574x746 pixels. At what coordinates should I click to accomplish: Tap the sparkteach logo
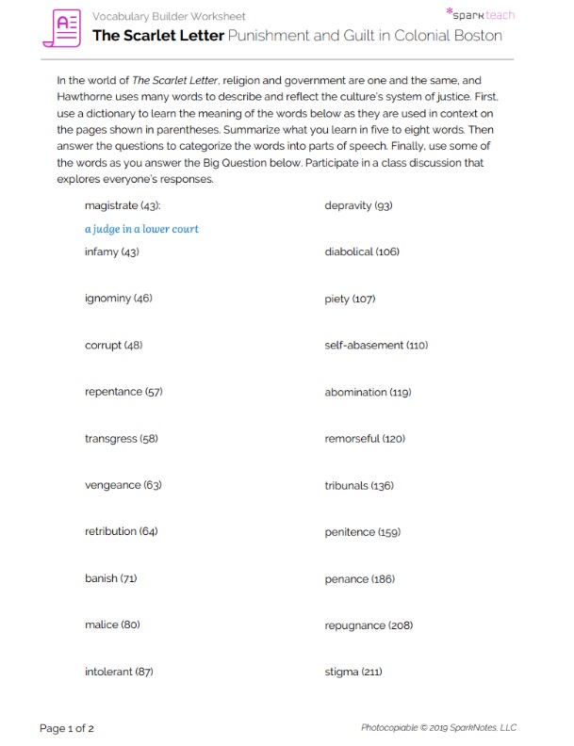coord(481,15)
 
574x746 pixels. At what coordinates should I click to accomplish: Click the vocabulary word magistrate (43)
coord(123,205)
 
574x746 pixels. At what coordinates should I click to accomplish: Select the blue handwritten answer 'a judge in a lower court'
coord(141,229)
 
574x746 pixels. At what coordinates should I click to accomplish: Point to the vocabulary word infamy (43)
coord(111,252)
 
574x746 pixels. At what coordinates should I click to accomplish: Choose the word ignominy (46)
coord(118,299)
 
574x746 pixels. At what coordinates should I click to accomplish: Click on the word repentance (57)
coord(123,392)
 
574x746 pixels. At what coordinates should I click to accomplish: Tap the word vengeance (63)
coord(123,485)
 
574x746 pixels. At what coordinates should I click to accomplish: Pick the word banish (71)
coord(110,578)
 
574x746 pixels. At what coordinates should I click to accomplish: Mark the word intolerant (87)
coord(119,672)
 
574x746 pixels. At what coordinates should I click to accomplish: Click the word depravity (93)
coord(358,205)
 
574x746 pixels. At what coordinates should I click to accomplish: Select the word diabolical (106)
coord(362,252)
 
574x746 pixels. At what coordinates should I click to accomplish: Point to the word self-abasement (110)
coord(376,346)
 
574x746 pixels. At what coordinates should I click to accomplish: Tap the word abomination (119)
coord(368,392)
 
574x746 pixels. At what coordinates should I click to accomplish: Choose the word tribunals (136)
coord(359,485)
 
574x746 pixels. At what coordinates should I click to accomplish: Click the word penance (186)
coord(359,578)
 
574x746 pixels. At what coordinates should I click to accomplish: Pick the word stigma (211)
coord(353,672)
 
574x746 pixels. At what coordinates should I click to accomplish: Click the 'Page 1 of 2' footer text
coord(67,727)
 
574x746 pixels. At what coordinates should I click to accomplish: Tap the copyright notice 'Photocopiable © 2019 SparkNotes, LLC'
coord(438,727)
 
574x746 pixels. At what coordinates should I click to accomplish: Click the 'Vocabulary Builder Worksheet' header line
coord(169,17)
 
